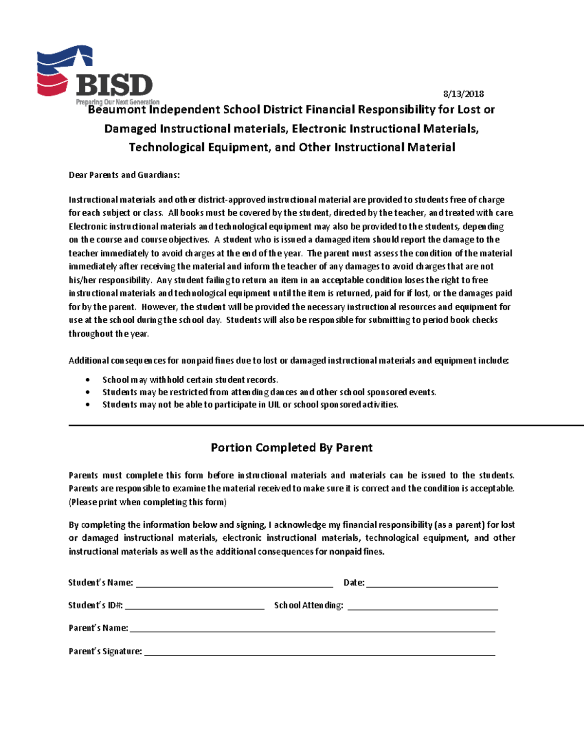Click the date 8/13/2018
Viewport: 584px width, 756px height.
click(x=463, y=93)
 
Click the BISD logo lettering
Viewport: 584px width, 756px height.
click(x=114, y=85)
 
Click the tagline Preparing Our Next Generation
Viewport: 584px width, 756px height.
click(x=117, y=102)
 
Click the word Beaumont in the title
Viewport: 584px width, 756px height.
click(x=117, y=110)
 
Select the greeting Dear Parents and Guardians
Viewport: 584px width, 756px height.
click(x=124, y=175)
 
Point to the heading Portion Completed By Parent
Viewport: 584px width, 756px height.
click(x=292, y=447)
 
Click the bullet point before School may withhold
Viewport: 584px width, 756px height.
click(x=88, y=380)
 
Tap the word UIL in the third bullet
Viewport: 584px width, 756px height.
click(x=274, y=405)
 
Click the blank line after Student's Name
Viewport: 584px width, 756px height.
click(x=234, y=584)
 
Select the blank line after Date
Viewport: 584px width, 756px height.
click(x=432, y=584)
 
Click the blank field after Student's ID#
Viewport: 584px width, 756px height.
click(x=194, y=606)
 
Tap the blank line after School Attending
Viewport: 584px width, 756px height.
click(x=422, y=606)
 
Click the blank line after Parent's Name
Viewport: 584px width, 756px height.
click(x=312, y=629)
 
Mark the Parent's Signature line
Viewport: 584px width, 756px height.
click(x=319, y=652)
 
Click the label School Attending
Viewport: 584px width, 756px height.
click(x=309, y=605)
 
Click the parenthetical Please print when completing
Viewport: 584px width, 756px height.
click(x=147, y=502)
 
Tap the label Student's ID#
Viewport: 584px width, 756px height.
click(x=95, y=605)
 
